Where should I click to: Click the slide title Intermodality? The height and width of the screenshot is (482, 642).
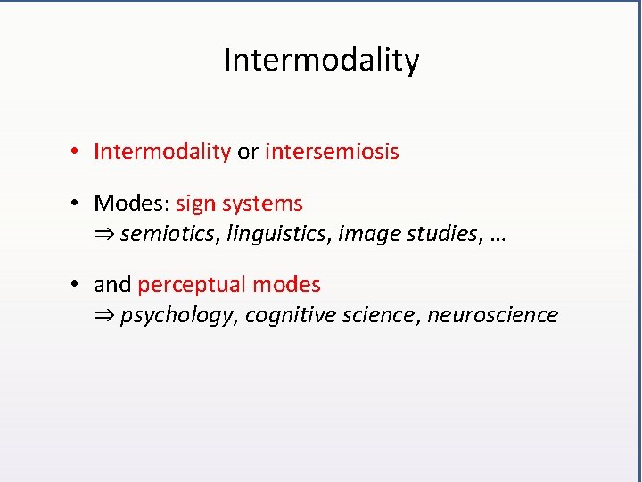point(321,61)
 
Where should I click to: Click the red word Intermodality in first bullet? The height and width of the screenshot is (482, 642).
point(162,152)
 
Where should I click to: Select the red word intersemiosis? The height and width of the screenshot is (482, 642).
point(332,152)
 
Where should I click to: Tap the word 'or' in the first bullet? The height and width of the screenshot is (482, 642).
point(247,152)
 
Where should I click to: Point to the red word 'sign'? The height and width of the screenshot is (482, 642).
point(195,204)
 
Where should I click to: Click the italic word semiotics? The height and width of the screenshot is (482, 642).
point(170,234)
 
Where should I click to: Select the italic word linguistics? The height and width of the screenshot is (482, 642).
point(277,234)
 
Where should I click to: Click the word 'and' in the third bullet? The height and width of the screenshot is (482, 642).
point(112,285)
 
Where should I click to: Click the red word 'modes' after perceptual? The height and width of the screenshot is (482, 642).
point(286,285)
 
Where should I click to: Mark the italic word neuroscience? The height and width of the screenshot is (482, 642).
point(492,315)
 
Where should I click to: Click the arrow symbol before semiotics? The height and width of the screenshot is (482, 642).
point(104,235)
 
